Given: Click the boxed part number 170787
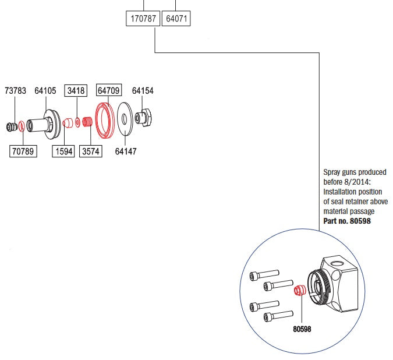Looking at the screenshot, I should click(143, 19).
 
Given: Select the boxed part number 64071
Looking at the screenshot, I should click(176, 19).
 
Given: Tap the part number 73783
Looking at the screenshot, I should click(15, 91).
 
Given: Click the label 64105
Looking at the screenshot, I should click(45, 91).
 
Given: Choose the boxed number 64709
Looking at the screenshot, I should click(108, 91).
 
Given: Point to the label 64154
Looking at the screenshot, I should click(143, 91).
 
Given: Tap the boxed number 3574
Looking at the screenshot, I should click(90, 152).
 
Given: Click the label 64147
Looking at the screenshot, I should click(126, 152).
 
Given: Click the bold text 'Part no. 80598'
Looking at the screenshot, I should click(347, 221).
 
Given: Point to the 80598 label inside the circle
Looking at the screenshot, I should click(302, 329).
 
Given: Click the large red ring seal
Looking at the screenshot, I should click(105, 120).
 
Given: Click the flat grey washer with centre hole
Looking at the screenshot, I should click(125, 118).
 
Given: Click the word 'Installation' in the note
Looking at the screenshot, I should click(342, 191).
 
